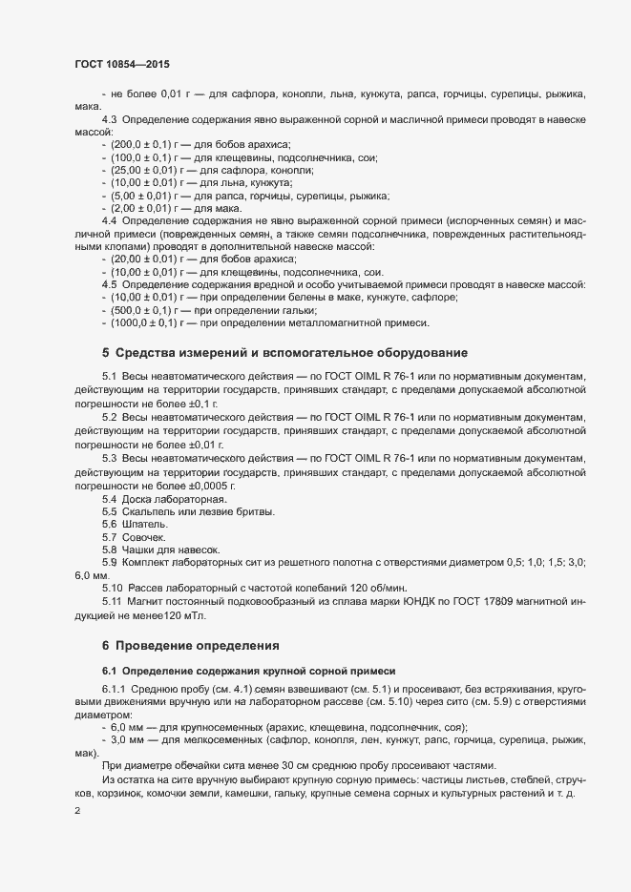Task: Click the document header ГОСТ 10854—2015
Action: coord(122,64)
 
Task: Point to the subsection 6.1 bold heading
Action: coord(247,672)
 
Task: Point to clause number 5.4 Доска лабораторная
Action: coord(109,499)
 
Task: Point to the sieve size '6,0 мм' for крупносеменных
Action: coord(131,727)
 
